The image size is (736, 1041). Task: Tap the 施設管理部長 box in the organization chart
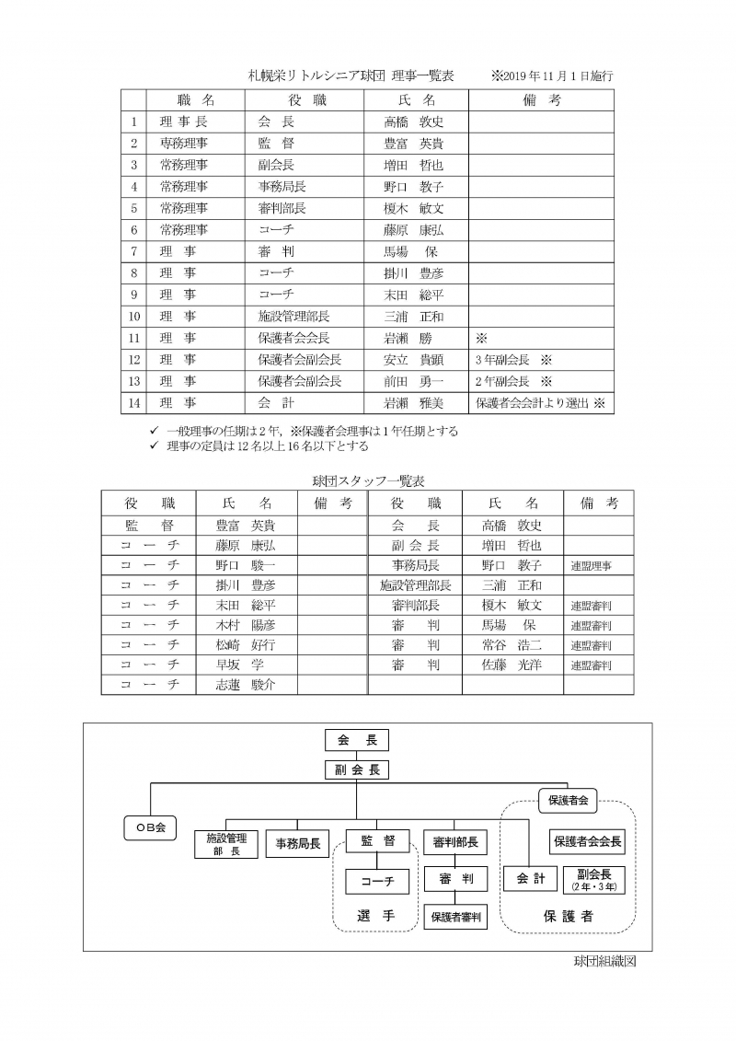click(226, 844)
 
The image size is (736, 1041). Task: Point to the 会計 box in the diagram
click(531, 879)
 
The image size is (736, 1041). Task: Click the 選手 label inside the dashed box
click(375, 916)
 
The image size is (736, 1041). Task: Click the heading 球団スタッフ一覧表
click(368, 480)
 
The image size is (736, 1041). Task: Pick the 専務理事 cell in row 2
click(183, 144)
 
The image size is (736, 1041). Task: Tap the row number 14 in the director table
click(134, 402)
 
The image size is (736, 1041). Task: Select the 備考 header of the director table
click(541, 99)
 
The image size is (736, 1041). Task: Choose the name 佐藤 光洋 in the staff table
click(512, 665)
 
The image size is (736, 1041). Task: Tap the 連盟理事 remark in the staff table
click(591, 565)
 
